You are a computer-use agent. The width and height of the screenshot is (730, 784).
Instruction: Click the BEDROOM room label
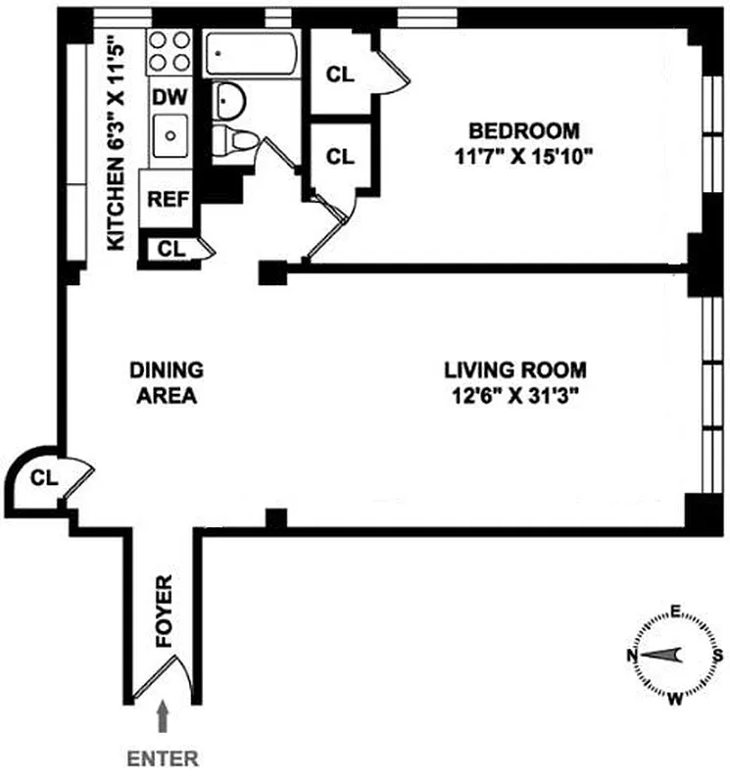524,130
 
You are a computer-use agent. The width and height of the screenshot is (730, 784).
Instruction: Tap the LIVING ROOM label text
515,370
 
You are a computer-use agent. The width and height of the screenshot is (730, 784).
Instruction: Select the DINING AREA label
167,383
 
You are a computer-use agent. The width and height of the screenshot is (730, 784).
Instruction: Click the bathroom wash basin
230,99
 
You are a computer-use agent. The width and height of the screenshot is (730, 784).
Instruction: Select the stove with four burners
169,52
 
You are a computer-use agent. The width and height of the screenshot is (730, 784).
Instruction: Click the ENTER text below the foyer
164,758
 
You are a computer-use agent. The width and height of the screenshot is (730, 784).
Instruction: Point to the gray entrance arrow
164,718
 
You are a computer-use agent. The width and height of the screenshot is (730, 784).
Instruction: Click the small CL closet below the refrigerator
171,249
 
